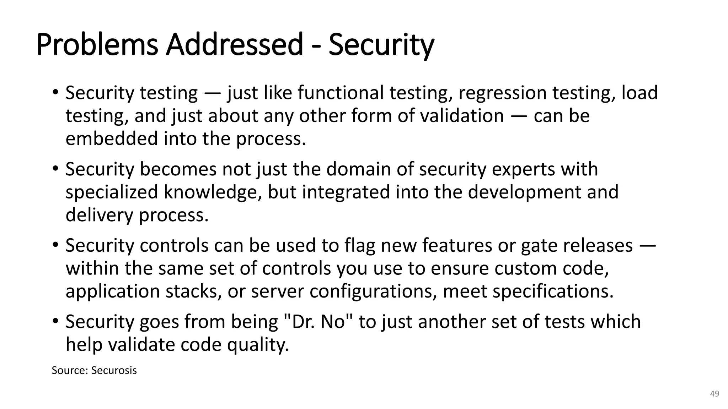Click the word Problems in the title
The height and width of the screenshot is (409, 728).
click(97, 45)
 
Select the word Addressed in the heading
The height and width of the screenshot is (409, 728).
click(234, 45)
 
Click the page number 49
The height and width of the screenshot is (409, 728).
click(714, 394)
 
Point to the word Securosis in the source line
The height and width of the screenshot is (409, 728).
click(114, 370)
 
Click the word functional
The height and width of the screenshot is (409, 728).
click(340, 93)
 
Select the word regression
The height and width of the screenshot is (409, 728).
click(502, 93)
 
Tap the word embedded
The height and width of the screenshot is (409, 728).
click(112, 138)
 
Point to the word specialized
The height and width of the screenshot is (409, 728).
click(112, 192)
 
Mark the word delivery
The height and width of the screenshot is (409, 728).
click(99, 215)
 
